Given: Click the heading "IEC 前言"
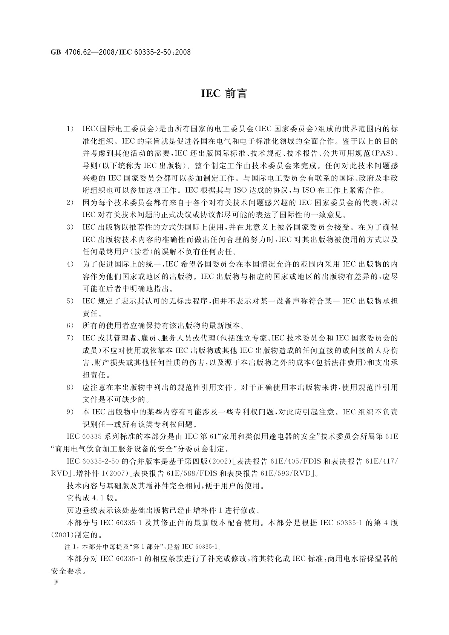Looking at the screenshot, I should [x=224, y=94].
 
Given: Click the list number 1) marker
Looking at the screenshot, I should [x=70, y=129].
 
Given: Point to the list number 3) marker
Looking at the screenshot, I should [x=70, y=227].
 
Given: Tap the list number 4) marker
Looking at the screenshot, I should [x=70, y=264].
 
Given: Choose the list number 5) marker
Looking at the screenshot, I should [x=70, y=301].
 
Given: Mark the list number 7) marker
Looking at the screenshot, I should [x=70, y=338].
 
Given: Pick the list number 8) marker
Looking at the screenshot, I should [x=70, y=387].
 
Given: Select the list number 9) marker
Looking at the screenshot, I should [x=70, y=412].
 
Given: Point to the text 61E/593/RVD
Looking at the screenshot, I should [x=288, y=474].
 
